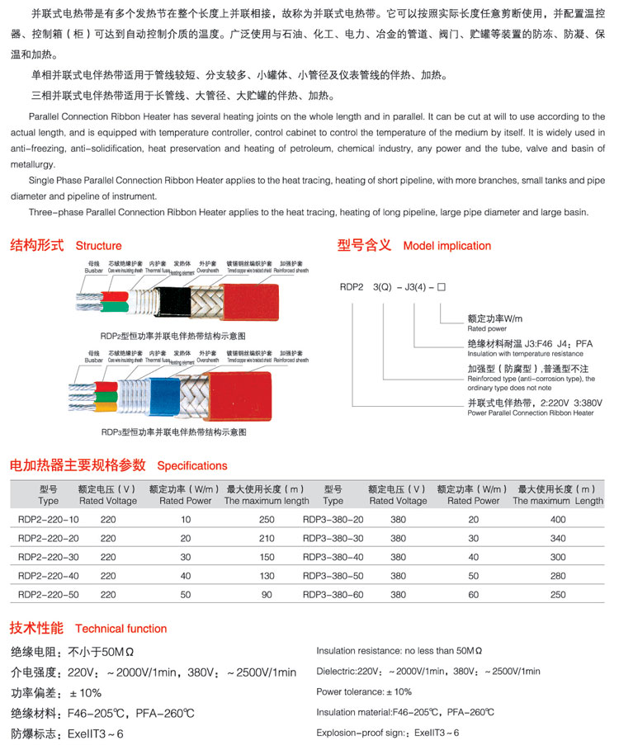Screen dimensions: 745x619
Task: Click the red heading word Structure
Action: pos(98,246)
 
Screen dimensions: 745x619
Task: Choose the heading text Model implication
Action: pos(447,246)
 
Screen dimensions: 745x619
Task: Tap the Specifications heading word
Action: pos(192,466)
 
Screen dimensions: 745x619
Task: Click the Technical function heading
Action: pos(120,629)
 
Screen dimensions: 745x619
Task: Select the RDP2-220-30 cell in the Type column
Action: pos(49,557)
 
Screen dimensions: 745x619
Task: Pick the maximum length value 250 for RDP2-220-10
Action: pos(267,519)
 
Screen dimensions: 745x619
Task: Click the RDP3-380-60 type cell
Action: pos(333,595)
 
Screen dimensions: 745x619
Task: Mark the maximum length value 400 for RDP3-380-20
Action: pos(558,519)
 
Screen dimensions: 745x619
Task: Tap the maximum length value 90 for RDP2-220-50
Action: pos(267,595)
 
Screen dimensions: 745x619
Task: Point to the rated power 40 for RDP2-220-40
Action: pos(186,576)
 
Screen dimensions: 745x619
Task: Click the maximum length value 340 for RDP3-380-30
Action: pos(558,538)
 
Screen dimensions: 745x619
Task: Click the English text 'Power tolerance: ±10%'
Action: pos(364,692)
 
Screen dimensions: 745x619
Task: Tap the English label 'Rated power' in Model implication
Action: pos(487,328)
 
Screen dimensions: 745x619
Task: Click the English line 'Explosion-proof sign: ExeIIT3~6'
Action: pos(388,733)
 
